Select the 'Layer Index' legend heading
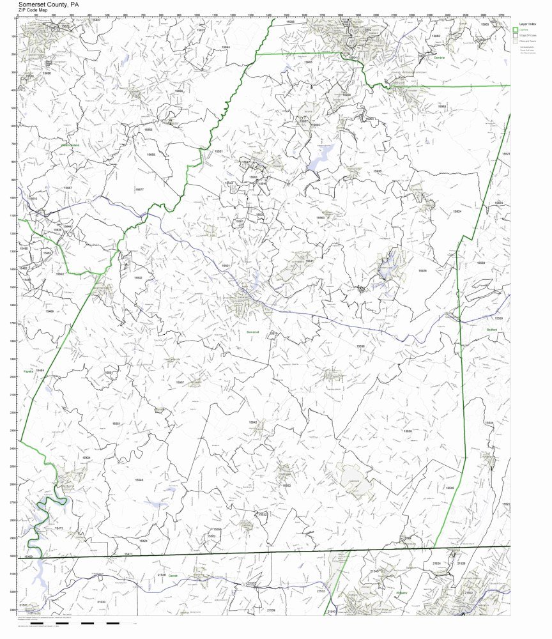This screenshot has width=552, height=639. [x=523, y=22]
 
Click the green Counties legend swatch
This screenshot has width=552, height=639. [x=515, y=30]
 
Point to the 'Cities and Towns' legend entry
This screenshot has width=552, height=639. [x=528, y=41]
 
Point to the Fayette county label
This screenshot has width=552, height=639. [x=28, y=371]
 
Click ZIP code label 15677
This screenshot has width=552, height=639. [x=139, y=189]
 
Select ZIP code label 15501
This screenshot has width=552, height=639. [x=225, y=265]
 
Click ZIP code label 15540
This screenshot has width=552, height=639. [x=139, y=479]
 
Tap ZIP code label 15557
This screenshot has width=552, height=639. [x=180, y=382]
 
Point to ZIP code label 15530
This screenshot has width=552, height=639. [x=361, y=346]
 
